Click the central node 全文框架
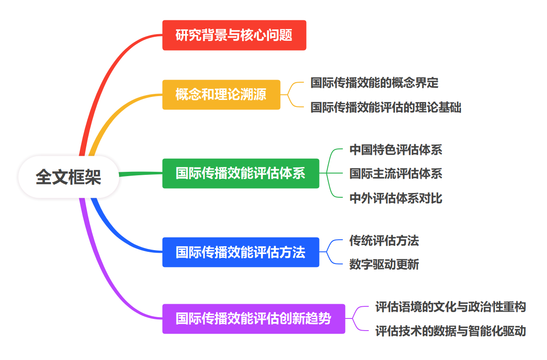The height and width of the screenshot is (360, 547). (68, 177)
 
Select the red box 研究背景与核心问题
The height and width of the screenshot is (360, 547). (234, 35)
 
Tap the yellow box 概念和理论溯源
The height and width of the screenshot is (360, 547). (221, 94)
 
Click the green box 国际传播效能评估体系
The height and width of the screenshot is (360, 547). (240, 174)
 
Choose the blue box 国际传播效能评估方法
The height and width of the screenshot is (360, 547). (240, 252)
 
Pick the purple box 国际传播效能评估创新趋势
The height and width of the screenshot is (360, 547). (253, 319)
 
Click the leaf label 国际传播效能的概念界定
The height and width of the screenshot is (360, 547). (374, 83)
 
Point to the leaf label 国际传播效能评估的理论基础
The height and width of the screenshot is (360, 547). (386, 107)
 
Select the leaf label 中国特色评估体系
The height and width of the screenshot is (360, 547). (396, 150)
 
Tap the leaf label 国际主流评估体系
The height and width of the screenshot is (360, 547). (396, 174)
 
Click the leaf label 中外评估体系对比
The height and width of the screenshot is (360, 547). (396, 198)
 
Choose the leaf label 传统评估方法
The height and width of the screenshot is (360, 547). (384, 241)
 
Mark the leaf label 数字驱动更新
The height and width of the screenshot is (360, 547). (384, 264)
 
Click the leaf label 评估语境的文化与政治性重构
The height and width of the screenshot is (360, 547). (451, 307)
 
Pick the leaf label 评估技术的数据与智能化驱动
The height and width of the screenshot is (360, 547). (451, 331)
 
